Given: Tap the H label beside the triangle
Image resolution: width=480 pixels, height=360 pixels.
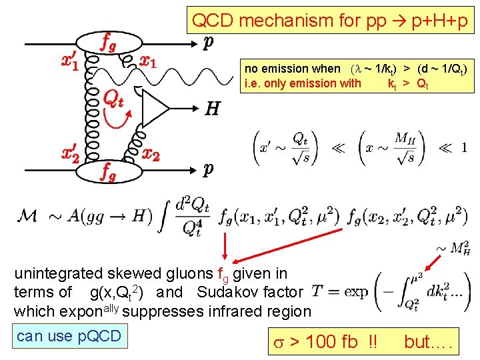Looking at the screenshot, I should [x=212, y=109].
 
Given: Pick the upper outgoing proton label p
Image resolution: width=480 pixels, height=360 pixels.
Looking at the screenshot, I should [x=209, y=42].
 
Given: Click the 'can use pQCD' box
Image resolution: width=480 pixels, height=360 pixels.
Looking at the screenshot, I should [x=69, y=335].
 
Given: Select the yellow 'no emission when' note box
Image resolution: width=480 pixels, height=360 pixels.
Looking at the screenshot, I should [x=359, y=75].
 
